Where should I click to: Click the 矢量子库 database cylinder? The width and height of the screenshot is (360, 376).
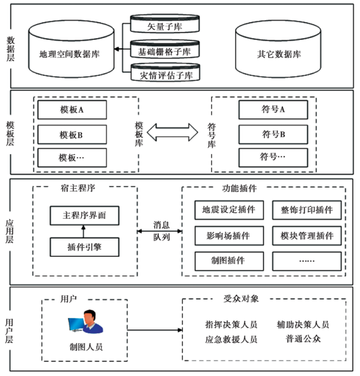pyautogui.click(x=165, y=23)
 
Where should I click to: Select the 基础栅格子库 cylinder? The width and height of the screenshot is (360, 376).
pyautogui.click(x=165, y=49)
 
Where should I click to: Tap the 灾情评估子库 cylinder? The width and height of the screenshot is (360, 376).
pyautogui.click(x=166, y=72)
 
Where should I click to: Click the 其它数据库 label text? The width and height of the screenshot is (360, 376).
pyautogui.click(x=279, y=54)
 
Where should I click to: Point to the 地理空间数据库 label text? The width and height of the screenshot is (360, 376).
pyautogui.click(x=69, y=54)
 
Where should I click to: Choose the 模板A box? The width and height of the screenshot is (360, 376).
pyautogui.click(x=72, y=110)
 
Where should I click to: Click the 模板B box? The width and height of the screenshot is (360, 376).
pyautogui.click(x=72, y=135)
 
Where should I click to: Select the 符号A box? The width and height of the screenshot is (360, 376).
pyautogui.click(x=273, y=109)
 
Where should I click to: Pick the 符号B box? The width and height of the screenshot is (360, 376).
pyautogui.click(x=273, y=135)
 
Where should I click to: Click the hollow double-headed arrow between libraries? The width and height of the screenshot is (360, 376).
pyautogui.click(x=172, y=132)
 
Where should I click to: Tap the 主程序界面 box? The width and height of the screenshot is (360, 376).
pyautogui.click(x=84, y=215)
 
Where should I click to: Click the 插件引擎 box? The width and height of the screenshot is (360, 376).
pyautogui.click(x=84, y=247)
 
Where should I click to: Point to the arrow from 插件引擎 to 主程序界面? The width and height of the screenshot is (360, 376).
pyautogui.click(x=83, y=231)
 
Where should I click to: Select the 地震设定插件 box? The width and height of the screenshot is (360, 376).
pyautogui.click(x=229, y=210)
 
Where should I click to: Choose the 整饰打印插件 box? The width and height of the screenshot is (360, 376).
pyautogui.click(x=307, y=210)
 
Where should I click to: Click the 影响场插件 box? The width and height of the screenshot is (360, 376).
pyautogui.click(x=229, y=236)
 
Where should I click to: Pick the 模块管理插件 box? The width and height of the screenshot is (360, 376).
pyautogui.click(x=307, y=236)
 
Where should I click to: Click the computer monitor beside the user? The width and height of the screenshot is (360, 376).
pyautogui.click(x=76, y=325)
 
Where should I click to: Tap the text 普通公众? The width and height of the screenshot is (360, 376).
pyautogui.click(x=303, y=339)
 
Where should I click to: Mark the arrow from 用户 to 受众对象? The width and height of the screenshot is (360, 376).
pyautogui.click(x=155, y=330)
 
